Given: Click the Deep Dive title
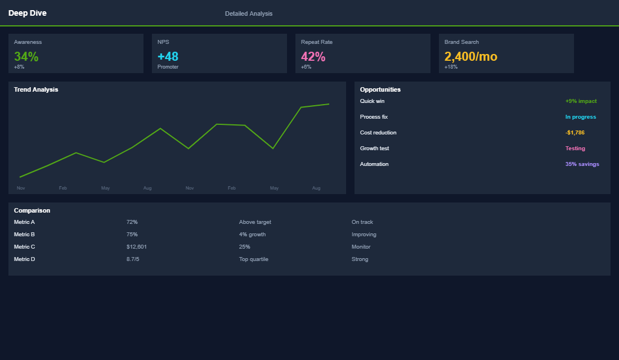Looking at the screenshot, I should coord(28,13).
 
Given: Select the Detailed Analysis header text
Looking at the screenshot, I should coord(249,13).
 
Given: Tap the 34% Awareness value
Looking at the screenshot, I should coord(26,57).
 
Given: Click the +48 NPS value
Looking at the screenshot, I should coord(168,57).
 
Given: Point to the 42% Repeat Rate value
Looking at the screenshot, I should coord(313,57).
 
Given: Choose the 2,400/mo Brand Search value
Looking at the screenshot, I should coord(471,57).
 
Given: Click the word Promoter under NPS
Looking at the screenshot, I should coord(168,67).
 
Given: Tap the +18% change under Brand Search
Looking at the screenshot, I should coord(451,67).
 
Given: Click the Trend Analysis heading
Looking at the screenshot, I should coord(36,89).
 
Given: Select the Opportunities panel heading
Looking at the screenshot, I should coord(380,89).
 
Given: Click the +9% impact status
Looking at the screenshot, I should coord(581,101).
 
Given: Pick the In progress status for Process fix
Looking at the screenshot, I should coord(581,117).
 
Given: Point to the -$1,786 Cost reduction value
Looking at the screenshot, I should coord(575,133).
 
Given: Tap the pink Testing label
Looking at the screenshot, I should coord(575,148).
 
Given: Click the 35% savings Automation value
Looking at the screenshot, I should coord(582,164).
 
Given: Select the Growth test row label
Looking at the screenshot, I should coord(375,148).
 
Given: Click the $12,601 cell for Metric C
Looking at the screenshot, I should coord(137,247).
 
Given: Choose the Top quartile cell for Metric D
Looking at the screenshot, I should coord(254,259).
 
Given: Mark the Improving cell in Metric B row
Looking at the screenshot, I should coord(364,235).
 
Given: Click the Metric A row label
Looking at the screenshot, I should coord(25,222).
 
